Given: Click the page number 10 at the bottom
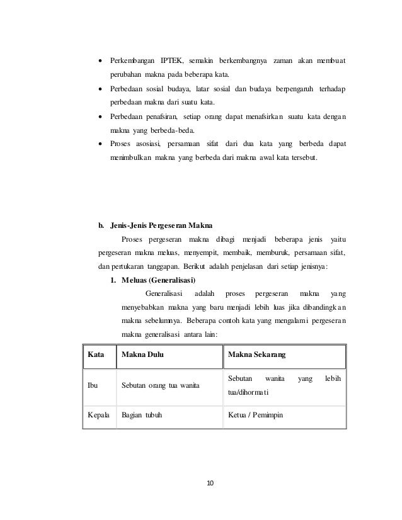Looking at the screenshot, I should (x=210, y=483).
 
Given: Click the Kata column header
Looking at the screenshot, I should (x=95, y=356).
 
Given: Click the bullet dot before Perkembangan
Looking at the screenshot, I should (x=100, y=60).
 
